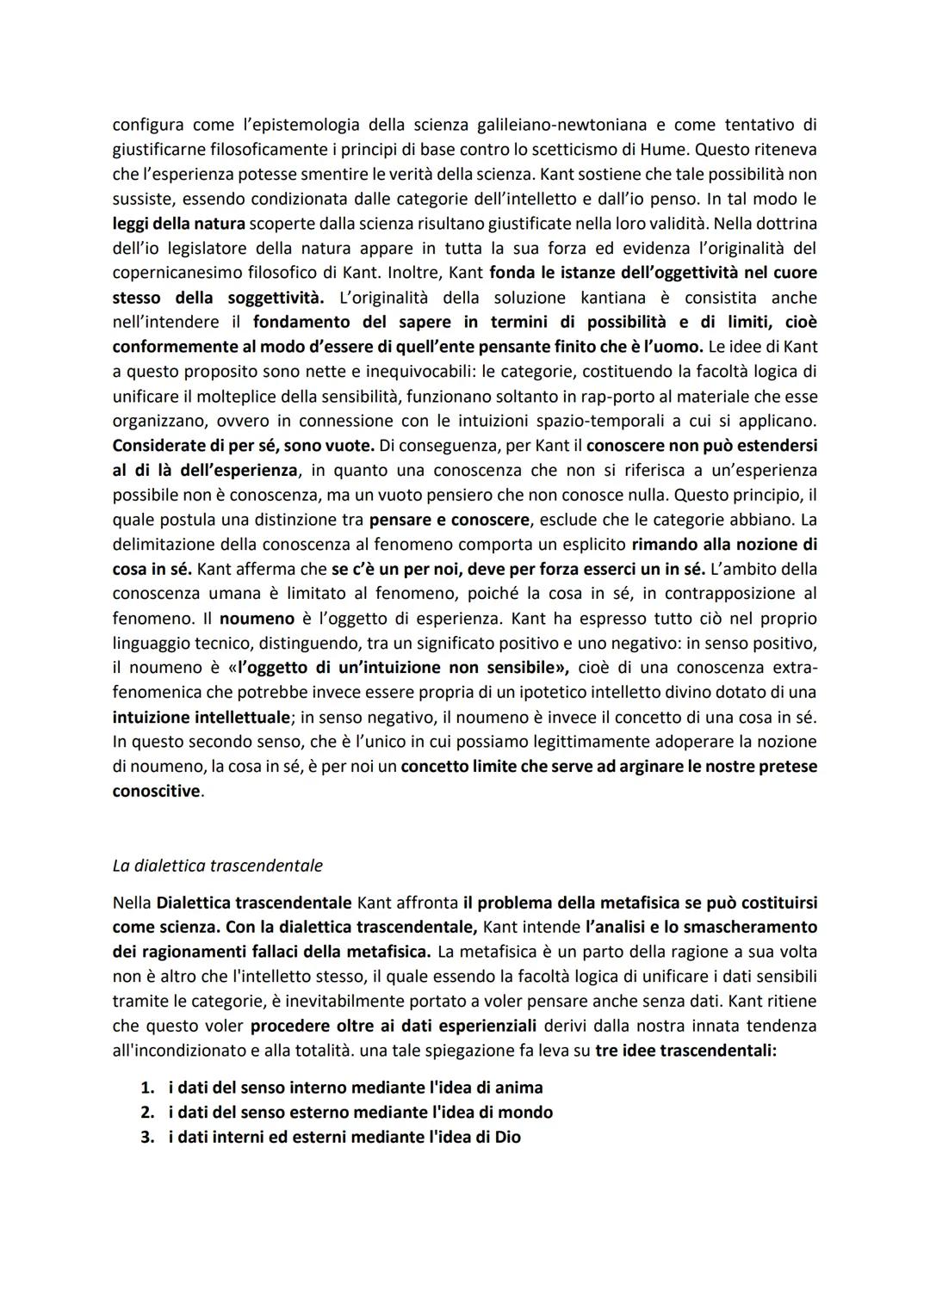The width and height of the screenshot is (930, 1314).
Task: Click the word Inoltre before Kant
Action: [x=416, y=273]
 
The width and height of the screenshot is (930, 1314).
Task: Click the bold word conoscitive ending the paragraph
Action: [x=156, y=791]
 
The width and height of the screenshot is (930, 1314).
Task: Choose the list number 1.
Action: [x=146, y=1088]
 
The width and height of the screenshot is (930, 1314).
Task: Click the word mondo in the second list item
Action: [x=527, y=1112]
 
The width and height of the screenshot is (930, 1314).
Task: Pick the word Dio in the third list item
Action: [x=507, y=1137]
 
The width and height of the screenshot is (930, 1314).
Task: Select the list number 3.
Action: [x=146, y=1137]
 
